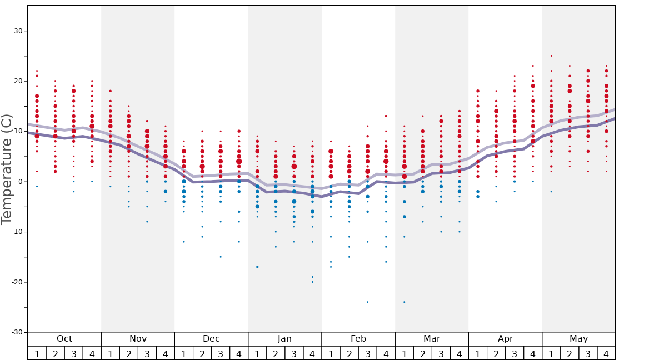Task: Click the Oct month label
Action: click(64, 339)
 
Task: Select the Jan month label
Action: click(284, 339)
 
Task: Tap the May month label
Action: click(578, 339)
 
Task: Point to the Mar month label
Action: click(432, 339)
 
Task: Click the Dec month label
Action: click(211, 339)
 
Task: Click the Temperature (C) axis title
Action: click(7, 169)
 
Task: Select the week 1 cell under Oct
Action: click(37, 353)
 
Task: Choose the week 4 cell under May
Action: click(606, 353)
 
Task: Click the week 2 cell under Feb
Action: click(349, 353)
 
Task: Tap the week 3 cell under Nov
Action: click(147, 353)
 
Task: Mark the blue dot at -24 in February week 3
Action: click(367, 302)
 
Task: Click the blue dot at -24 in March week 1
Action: click(404, 302)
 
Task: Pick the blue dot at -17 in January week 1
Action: click(257, 267)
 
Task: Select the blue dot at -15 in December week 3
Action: click(221, 257)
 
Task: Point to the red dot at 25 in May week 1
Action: click(551, 56)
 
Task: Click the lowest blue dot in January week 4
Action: click(312, 282)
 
